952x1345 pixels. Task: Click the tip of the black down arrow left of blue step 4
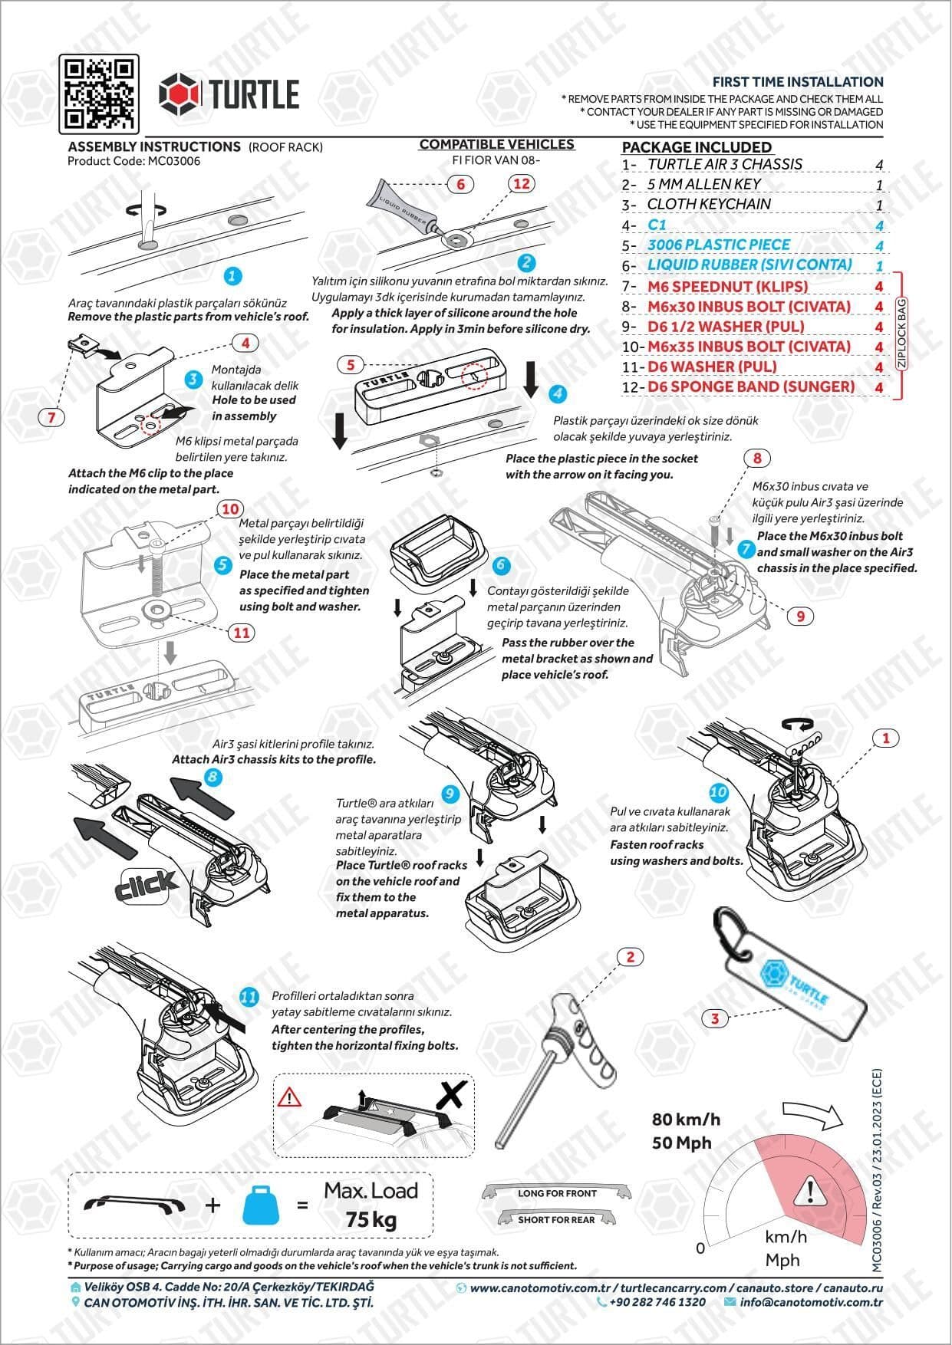pos(530,396)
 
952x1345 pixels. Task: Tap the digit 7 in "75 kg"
pos(352,1219)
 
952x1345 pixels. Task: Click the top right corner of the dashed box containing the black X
pos(474,1074)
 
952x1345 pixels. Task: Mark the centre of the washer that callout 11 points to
pos(158,610)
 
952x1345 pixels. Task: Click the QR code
pos(100,94)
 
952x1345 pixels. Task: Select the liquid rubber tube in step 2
pos(406,209)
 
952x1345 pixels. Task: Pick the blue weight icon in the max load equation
pos(262,1205)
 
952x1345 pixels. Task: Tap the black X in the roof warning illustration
pos(452,1095)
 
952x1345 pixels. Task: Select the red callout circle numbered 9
pos(800,616)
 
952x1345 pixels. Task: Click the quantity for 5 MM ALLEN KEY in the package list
pos(879,185)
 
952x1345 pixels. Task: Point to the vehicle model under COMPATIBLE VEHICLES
pos(496,160)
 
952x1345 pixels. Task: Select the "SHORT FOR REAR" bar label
pos(556,1219)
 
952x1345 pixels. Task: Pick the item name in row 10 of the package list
pos(749,347)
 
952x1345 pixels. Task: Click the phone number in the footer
pos(657,1302)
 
